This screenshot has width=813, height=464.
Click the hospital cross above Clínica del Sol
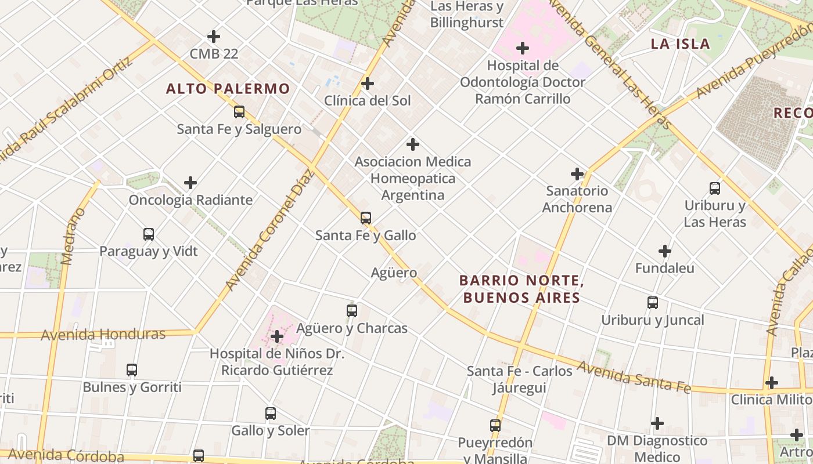[x=367, y=84]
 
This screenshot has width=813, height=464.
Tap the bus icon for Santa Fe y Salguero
[x=239, y=112]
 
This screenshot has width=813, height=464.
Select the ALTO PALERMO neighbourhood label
[x=228, y=89]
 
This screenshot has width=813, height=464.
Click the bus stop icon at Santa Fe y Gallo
[x=365, y=218]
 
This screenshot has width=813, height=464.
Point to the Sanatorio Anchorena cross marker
[x=577, y=173]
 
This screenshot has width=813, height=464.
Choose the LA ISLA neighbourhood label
[x=680, y=44]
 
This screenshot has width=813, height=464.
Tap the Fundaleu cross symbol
[x=664, y=251]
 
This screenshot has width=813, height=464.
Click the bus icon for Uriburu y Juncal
[x=652, y=303]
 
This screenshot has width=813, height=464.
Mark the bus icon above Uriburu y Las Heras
[x=714, y=188]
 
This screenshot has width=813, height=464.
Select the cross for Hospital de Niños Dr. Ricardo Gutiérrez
[x=277, y=336]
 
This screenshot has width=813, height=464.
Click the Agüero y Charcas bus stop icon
[x=351, y=310]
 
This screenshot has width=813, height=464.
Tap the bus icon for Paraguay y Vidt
[x=149, y=234]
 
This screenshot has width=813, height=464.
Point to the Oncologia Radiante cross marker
[x=190, y=183]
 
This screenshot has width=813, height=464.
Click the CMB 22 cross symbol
[x=214, y=37]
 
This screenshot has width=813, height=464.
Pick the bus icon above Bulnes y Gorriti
[x=132, y=370]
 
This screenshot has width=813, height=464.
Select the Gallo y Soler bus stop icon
[x=270, y=414]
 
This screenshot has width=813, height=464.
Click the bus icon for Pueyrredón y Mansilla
[x=495, y=426]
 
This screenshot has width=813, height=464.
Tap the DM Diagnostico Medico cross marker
[x=657, y=423]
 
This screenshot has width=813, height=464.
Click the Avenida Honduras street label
[x=103, y=335]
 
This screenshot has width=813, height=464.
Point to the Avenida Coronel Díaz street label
[x=269, y=230]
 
